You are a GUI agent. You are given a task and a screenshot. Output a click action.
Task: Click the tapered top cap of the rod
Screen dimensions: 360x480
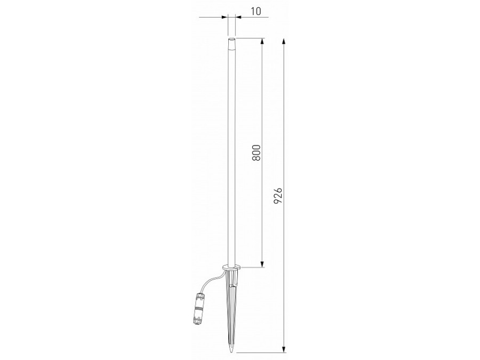click(x=231, y=44)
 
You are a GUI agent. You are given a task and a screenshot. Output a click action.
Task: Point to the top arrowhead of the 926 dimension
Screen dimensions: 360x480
click(x=284, y=42)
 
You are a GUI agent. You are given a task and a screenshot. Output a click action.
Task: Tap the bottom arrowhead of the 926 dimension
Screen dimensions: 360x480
click(x=284, y=349)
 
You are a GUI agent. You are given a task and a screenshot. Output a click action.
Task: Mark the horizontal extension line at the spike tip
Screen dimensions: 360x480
click(x=261, y=353)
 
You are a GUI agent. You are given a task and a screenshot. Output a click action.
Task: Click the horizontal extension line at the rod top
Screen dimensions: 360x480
click(x=251, y=38)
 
